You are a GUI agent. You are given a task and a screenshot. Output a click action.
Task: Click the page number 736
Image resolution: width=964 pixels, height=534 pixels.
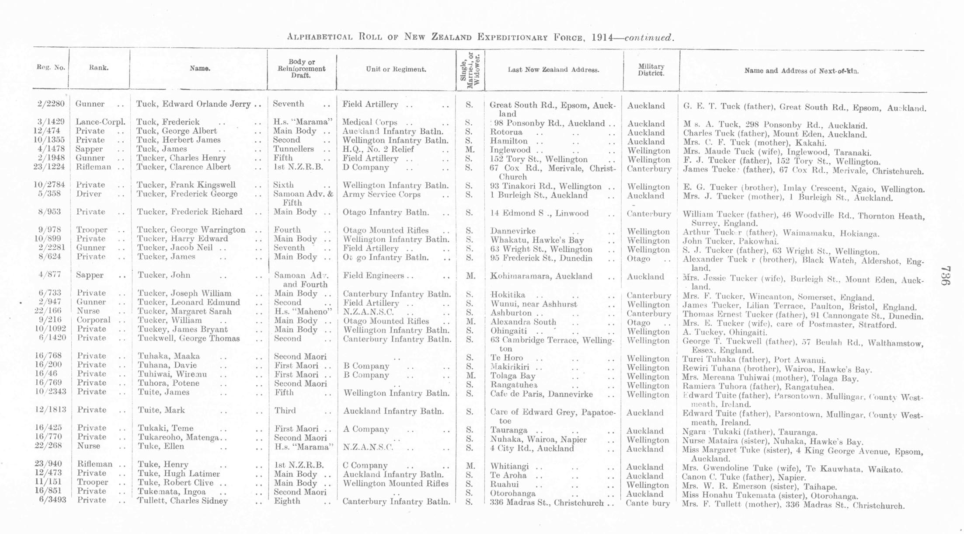(945, 276)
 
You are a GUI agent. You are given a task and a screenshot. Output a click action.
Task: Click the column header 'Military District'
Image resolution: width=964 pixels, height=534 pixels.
(651, 70)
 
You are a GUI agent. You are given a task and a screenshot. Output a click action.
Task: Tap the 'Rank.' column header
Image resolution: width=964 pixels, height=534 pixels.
(99, 68)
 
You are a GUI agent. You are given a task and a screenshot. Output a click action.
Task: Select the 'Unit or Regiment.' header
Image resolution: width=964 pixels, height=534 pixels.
(396, 69)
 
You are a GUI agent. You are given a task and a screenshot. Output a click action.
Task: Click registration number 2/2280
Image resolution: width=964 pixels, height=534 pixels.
(51, 104)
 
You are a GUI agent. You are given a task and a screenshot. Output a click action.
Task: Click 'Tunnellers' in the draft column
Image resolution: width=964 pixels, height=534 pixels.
(293, 149)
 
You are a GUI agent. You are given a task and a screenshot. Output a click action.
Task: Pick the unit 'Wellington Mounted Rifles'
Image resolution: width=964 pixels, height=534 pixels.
(396, 484)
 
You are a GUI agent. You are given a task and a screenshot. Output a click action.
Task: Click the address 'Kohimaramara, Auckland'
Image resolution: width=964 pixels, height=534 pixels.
(541, 276)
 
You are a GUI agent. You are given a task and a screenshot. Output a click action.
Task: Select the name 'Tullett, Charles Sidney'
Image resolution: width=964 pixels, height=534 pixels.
(183, 501)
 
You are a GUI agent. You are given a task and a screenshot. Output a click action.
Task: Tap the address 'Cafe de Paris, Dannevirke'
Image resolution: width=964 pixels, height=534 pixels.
(541, 394)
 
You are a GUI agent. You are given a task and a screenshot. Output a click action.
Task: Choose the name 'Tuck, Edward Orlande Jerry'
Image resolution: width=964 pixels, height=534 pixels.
(193, 104)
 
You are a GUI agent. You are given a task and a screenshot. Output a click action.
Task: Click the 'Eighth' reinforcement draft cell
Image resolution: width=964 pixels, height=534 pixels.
(287, 501)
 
